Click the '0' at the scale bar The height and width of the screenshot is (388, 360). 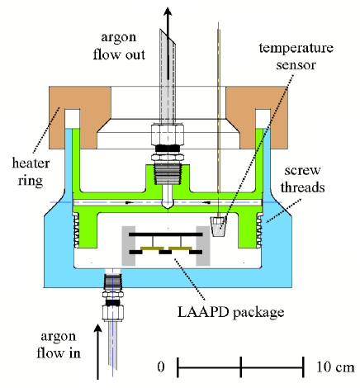(161, 365)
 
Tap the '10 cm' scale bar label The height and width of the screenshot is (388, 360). (333, 365)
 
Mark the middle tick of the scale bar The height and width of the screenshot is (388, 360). (240, 365)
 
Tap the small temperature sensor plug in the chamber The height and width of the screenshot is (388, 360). (219, 227)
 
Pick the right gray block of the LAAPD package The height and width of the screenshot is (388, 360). (201, 247)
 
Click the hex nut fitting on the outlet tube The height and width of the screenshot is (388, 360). (168, 136)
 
